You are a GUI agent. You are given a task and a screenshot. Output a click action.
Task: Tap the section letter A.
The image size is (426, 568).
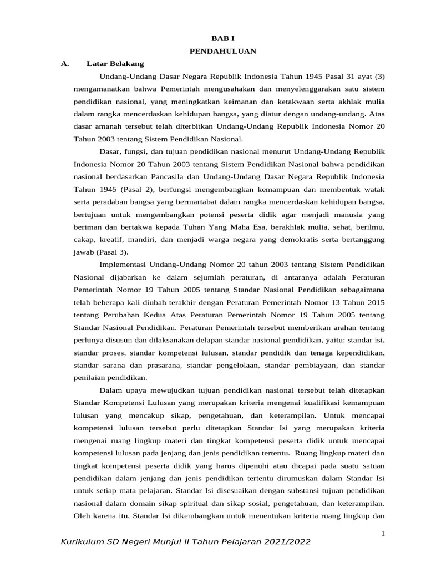[x=64, y=64]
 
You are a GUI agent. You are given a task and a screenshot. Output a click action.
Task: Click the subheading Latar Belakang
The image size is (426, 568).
[x=115, y=64]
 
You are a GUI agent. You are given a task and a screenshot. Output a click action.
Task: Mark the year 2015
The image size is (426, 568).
[x=374, y=302]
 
